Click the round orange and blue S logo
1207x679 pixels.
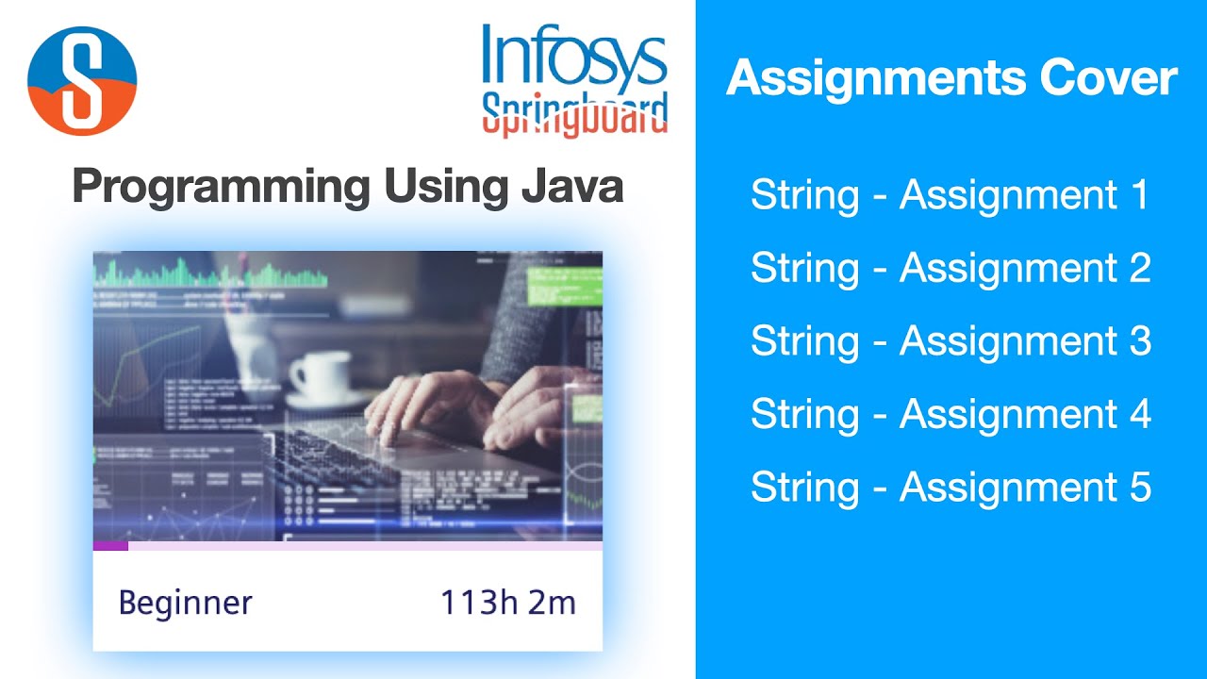pyautogui.click(x=82, y=80)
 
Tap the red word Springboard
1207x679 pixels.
pyautogui.click(x=574, y=115)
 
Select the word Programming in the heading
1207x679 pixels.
pyautogui.click(x=219, y=186)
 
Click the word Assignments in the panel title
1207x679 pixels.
pyautogui.click(x=876, y=78)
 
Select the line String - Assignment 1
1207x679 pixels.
pyautogui.click(x=950, y=195)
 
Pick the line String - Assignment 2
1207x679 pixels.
pyautogui.click(x=950, y=268)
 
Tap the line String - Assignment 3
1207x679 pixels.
pyautogui.click(x=950, y=340)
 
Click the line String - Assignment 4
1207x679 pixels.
pyautogui.click(x=950, y=414)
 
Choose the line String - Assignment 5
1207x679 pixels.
pyautogui.click(x=950, y=487)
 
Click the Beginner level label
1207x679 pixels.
pyautogui.click(x=185, y=603)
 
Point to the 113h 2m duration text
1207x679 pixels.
pyautogui.click(x=507, y=603)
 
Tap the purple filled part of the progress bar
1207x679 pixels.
pyautogui.click(x=110, y=545)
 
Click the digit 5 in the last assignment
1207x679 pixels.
pyautogui.click(x=1139, y=487)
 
